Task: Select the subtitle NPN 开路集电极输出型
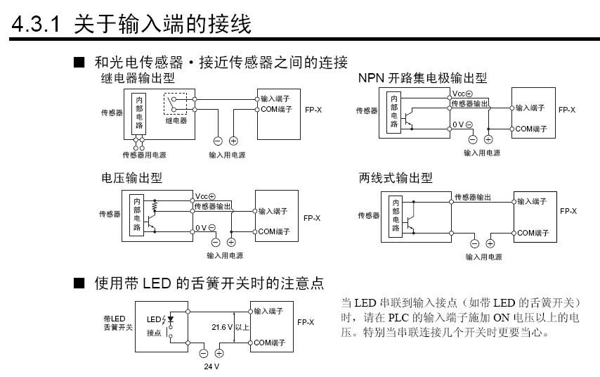(422, 78)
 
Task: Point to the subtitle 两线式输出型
(396, 178)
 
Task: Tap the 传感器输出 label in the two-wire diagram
(473, 197)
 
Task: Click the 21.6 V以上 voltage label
(230, 327)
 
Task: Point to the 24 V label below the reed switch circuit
(211, 365)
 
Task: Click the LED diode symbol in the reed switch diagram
(169, 319)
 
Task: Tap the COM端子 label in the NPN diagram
(531, 129)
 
